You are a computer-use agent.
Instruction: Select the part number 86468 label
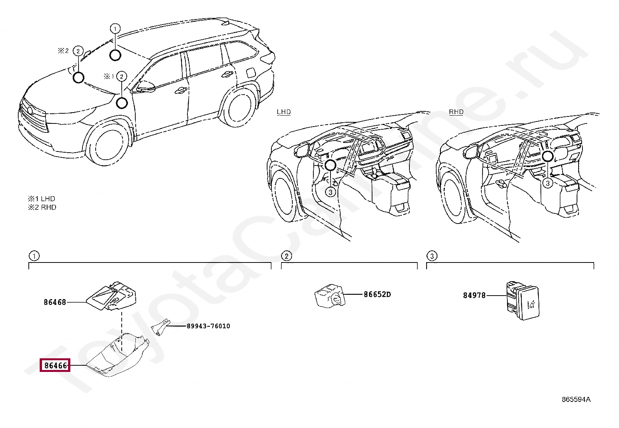[x=55, y=302]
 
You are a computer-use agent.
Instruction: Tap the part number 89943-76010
[x=208, y=326]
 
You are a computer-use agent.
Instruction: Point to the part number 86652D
[x=377, y=294]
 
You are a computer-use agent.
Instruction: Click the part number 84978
[x=474, y=295]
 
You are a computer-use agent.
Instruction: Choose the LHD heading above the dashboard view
[x=284, y=112]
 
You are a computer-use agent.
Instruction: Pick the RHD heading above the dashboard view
[x=456, y=112]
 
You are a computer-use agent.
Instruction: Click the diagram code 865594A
[x=576, y=399]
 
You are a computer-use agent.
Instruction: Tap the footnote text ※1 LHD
[x=42, y=199]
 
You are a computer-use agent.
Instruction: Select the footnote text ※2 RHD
[x=42, y=207]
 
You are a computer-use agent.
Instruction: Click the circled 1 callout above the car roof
[x=115, y=28]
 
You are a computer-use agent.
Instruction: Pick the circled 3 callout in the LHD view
[x=330, y=192]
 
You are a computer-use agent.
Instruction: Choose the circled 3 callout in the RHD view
[x=547, y=183]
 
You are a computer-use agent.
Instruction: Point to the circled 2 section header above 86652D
[x=286, y=256]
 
